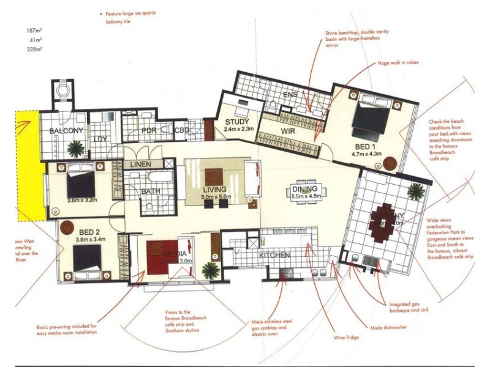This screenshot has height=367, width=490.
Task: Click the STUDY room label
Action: point(235,121)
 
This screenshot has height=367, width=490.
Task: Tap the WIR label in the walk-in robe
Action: point(288,131)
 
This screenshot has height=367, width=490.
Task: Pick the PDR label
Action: point(150,130)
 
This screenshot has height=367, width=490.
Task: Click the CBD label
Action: point(181,130)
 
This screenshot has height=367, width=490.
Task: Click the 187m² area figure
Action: point(34,31)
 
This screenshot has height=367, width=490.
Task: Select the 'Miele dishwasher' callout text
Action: point(388,327)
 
